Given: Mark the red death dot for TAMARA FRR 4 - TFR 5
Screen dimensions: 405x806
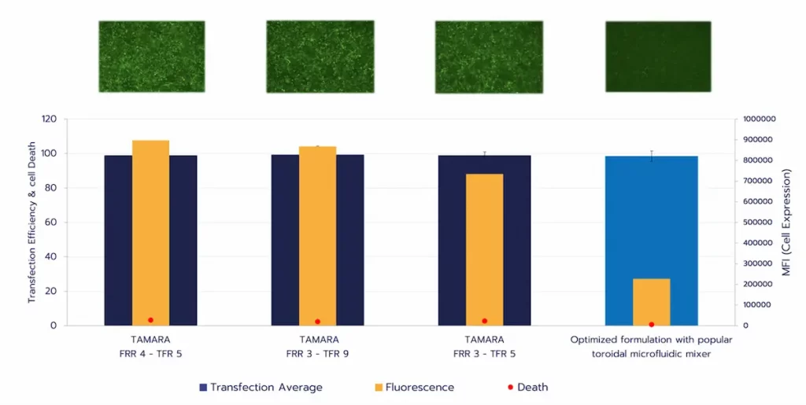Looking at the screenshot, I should (x=150, y=320).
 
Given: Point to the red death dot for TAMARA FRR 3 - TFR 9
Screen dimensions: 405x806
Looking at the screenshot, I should (x=317, y=322).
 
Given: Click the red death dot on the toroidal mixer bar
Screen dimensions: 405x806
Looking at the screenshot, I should (x=651, y=324).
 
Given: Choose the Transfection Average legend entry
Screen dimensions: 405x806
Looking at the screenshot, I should (x=261, y=387).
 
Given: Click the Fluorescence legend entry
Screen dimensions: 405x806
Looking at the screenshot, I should (x=414, y=387).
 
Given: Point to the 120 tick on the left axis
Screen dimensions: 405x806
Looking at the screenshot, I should (x=50, y=120).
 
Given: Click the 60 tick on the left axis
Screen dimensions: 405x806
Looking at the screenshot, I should (x=52, y=223).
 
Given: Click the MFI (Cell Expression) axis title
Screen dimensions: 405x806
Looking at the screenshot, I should (x=787, y=223).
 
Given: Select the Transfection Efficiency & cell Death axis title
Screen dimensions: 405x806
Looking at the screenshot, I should (x=32, y=223).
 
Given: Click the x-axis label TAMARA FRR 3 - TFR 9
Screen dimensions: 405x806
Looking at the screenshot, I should (x=317, y=347).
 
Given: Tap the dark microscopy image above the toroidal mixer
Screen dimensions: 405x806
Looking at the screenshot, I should (x=658, y=56).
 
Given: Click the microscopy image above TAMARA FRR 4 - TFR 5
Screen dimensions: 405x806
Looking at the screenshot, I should (x=151, y=56).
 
